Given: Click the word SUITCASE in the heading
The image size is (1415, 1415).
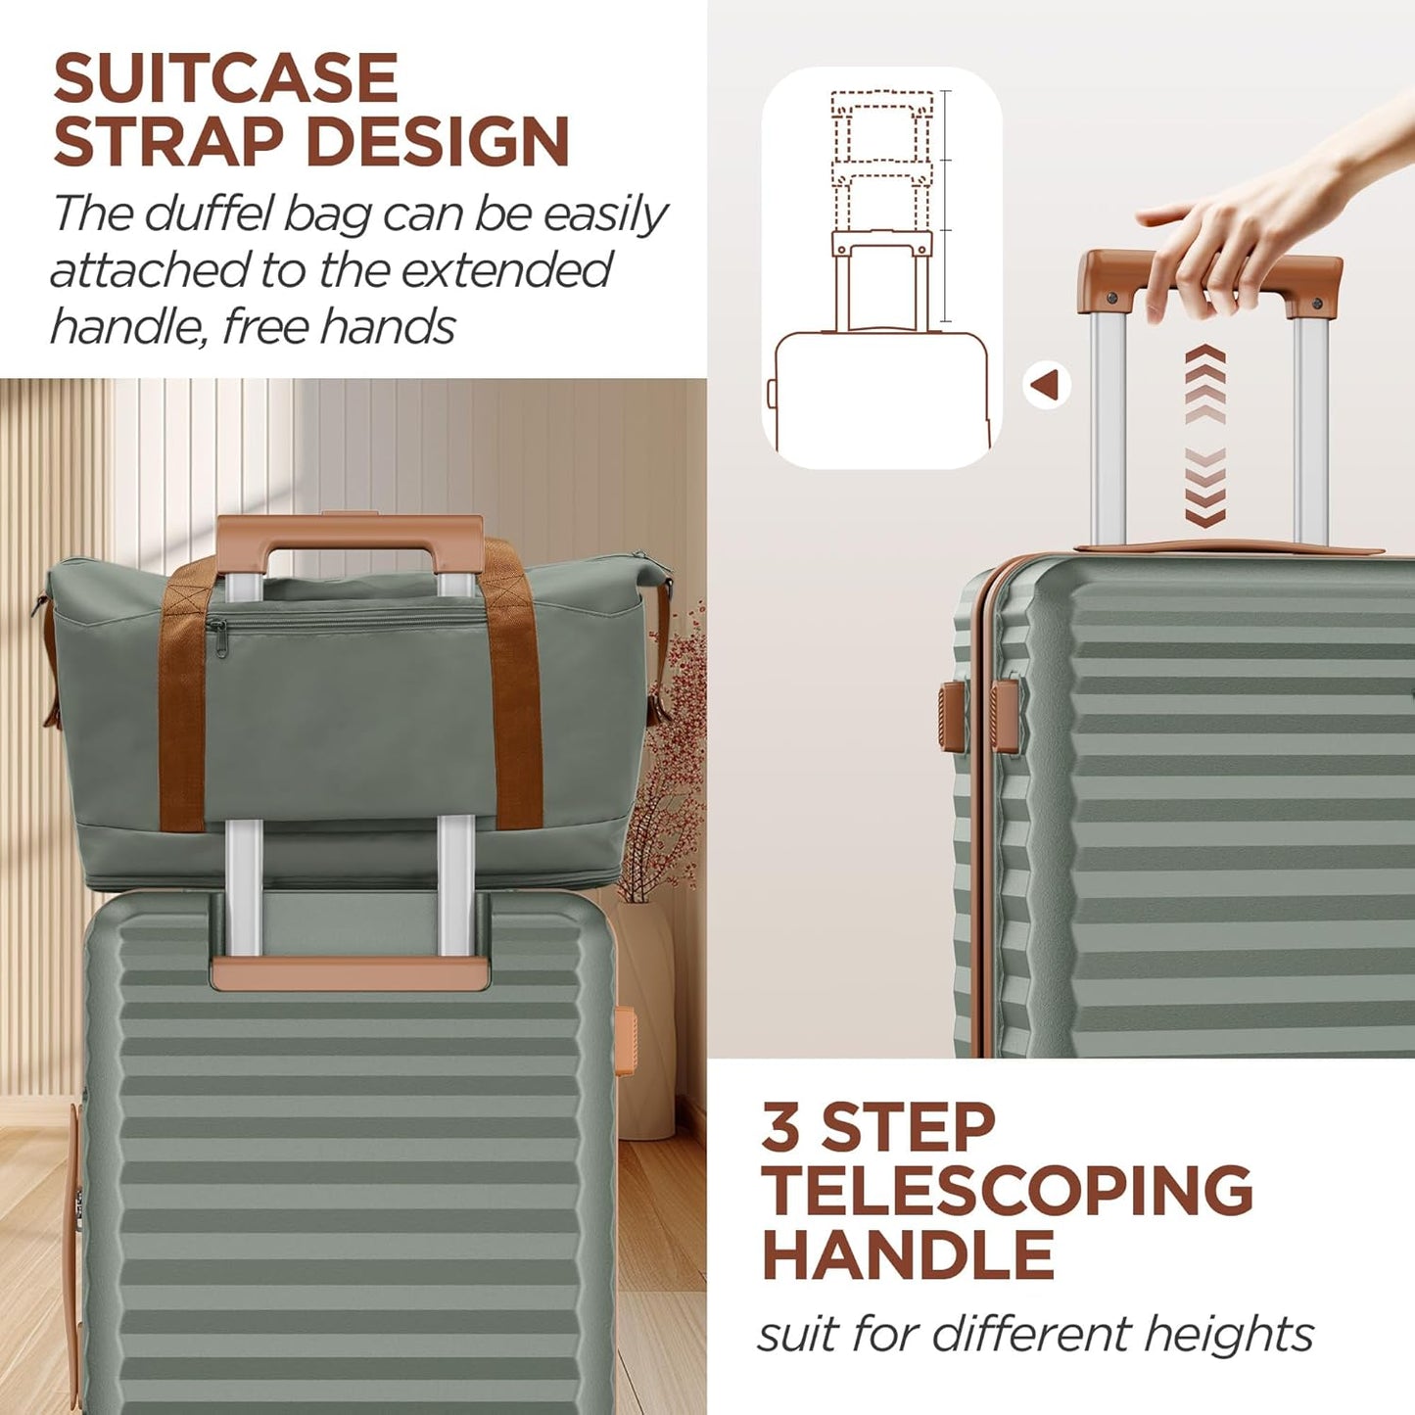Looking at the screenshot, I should tap(225, 78).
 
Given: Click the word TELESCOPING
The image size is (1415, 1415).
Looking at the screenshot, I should tap(1007, 1191).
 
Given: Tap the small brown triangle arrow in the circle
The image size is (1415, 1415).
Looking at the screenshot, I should tap(1046, 385).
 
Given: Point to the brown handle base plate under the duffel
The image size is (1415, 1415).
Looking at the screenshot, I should tap(350, 972).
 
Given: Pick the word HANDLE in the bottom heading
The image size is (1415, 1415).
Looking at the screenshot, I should tap(908, 1254).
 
